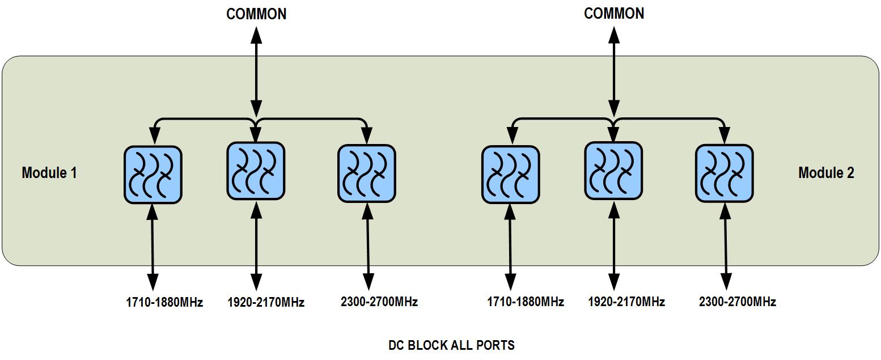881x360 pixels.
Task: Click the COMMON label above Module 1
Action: (x=256, y=14)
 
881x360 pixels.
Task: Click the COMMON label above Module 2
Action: (x=614, y=14)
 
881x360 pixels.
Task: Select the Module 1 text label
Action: (x=49, y=173)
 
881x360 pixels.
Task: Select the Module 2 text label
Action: (x=826, y=173)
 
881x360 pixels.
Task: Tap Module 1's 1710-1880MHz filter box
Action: (x=153, y=174)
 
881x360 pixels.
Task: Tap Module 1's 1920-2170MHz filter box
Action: (x=256, y=171)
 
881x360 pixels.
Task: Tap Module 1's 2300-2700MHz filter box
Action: (x=367, y=173)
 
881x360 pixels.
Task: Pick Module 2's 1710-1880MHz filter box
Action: (x=510, y=174)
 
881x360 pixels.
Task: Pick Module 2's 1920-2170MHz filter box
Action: (x=613, y=171)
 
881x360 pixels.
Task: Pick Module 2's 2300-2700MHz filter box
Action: (x=725, y=173)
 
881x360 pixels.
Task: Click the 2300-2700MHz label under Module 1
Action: (x=379, y=302)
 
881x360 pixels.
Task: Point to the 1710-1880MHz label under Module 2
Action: (x=526, y=302)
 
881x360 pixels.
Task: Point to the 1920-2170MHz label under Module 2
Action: (x=626, y=302)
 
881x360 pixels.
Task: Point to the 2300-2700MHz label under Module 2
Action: (x=738, y=302)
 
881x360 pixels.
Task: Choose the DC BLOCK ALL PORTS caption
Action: (x=452, y=345)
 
